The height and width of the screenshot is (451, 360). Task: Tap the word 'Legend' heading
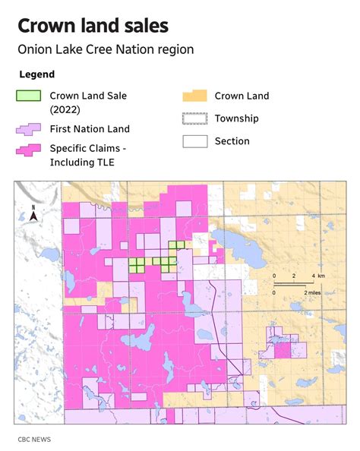pyautogui.click(x=36, y=74)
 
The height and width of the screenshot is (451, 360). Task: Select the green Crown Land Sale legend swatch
pyautogui.click(x=28, y=96)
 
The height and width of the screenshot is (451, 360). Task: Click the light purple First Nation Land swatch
pyautogui.click(x=28, y=130)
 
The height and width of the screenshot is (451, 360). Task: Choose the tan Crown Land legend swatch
pyautogui.click(x=194, y=96)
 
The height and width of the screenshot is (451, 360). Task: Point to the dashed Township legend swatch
pyautogui.click(x=194, y=118)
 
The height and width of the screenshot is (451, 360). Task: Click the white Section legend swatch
pyautogui.click(x=194, y=140)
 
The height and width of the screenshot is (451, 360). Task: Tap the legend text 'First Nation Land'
pyautogui.click(x=90, y=129)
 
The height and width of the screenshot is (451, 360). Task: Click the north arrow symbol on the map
pyautogui.click(x=34, y=217)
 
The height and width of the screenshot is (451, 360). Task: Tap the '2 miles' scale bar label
pyautogui.click(x=315, y=292)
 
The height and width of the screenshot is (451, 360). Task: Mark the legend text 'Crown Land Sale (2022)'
pyautogui.click(x=88, y=102)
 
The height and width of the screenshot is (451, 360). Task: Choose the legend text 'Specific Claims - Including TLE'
pyautogui.click(x=87, y=155)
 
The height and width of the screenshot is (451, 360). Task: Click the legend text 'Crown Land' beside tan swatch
pyautogui.click(x=242, y=96)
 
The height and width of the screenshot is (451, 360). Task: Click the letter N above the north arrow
pyautogui.click(x=34, y=206)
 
